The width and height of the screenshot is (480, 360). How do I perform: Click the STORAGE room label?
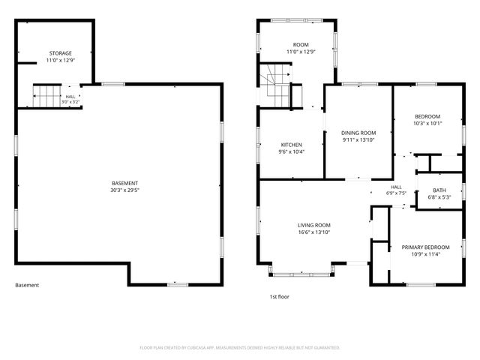(x=61, y=53)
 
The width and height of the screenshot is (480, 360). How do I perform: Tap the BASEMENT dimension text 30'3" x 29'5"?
(x=125, y=190)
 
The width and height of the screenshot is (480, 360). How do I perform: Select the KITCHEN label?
(x=292, y=145)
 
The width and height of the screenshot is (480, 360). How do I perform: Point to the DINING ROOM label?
(x=358, y=133)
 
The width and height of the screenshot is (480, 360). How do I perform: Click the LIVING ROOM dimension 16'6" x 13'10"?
(x=314, y=232)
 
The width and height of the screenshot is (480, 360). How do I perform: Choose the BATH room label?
(x=439, y=190)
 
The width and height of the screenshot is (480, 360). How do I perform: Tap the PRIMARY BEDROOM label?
(x=425, y=247)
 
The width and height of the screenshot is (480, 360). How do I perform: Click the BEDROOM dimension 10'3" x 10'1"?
(x=427, y=123)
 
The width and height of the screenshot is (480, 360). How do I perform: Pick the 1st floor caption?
(x=279, y=297)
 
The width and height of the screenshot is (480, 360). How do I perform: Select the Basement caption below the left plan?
(x=27, y=285)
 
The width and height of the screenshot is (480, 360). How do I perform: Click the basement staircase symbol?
(x=46, y=96)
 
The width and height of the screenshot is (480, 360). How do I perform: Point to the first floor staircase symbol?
(x=275, y=85)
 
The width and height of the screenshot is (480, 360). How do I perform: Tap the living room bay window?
(x=301, y=273)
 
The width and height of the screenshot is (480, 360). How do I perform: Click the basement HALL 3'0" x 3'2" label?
(x=70, y=99)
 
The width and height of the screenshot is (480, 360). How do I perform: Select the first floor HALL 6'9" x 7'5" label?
(x=396, y=190)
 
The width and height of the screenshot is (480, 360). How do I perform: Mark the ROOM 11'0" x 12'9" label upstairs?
(x=301, y=48)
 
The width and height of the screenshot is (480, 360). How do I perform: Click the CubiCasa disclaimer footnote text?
(x=240, y=348)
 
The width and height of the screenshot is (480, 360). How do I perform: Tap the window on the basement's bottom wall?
(x=178, y=285)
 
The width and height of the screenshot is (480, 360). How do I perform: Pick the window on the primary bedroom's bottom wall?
(x=421, y=285)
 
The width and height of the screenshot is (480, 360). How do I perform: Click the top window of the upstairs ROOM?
(x=297, y=20)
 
